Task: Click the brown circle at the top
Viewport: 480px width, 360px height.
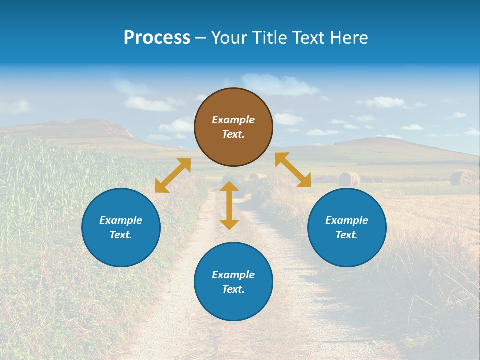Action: tap(233, 127)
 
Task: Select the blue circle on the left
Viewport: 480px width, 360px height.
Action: tap(121, 227)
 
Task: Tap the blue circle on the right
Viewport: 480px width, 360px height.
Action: tap(347, 227)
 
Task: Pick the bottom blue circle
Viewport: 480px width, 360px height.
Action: tap(233, 282)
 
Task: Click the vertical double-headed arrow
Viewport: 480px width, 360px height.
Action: tap(229, 205)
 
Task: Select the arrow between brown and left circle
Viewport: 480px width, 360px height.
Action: tap(173, 175)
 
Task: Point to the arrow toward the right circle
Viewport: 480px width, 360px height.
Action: tap(293, 170)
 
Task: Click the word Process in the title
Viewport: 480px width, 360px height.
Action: tap(157, 37)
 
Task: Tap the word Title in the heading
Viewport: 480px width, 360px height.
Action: tap(269, 37)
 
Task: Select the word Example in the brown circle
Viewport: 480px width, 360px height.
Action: tap(233, 120)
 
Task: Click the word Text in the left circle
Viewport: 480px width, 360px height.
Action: tap(120, 235)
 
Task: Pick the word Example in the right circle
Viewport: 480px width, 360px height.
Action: tap(347, 220)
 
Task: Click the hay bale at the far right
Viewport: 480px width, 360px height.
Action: tap(463, 177)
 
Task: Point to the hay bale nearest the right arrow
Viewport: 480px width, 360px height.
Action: tap(349, 179)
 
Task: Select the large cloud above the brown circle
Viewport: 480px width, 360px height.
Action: tap(280, 85)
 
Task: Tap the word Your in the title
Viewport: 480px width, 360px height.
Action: tap(229, 37)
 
